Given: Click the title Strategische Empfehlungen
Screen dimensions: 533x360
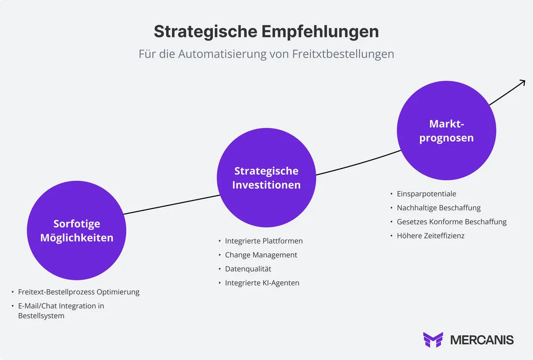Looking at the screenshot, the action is [x=266, y=32].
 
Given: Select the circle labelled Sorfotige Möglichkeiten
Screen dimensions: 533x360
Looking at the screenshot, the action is [x=76, y=231].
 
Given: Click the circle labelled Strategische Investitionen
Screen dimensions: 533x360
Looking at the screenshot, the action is [x=266, y=178].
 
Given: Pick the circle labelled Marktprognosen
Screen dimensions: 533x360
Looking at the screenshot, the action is [x=446, y=131].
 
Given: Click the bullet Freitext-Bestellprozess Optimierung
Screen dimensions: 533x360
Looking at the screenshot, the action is [x=78, y=292].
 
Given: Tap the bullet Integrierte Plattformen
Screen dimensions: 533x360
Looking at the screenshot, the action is [x=264, y=241].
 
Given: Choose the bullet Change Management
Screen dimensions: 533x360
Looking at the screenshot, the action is [x=261, y=255].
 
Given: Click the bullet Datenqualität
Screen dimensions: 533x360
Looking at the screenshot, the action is [x=248, y=269].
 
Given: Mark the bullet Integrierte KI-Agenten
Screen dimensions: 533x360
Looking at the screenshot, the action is [x=262, y=283].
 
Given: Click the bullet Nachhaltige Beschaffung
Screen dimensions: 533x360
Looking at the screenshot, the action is [x=438, y=208].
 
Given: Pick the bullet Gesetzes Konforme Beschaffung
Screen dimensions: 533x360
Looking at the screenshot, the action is [x=452, y=222].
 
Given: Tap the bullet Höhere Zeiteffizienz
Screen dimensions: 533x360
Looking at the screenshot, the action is [x=430, y=236].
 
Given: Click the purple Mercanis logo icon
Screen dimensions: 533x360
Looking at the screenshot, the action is [x=433, y=340].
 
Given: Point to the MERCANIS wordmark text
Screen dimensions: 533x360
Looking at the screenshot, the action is [x=482, y=340].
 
